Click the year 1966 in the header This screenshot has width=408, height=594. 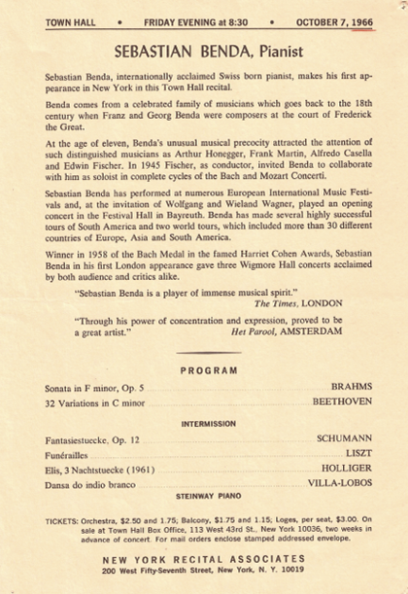point(359,20)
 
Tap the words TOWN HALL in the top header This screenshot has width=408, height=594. point(68,20)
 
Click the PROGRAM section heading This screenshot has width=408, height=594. point(208,371)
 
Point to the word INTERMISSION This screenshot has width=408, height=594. point(208,423)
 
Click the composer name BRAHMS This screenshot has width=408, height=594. point(351,387)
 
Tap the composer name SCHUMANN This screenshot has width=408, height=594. point(344,439)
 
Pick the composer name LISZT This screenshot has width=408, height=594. point(358,454)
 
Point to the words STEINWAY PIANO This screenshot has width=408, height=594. point(208,495)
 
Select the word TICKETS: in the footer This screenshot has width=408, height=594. point(64,520)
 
